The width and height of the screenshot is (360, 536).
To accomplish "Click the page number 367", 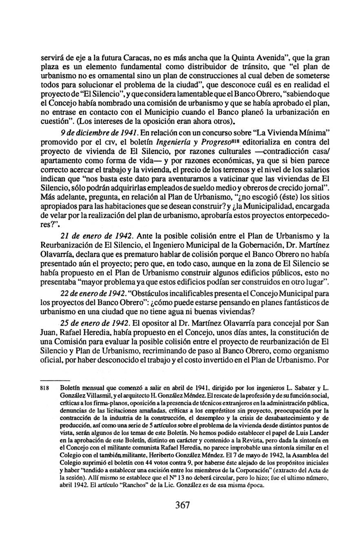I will click(x=182, y=505).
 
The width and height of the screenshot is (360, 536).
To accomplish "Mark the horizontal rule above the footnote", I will click(x=57, y=379).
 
